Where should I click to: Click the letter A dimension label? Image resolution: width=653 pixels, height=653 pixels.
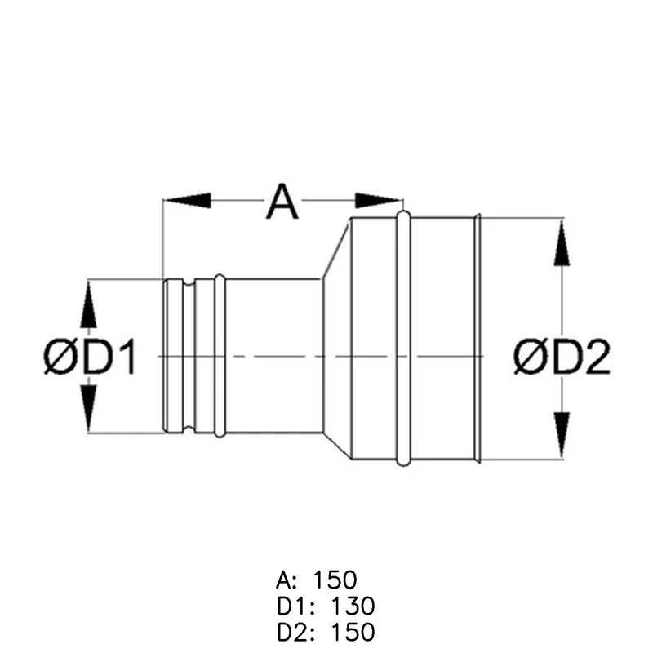tap(282, 202)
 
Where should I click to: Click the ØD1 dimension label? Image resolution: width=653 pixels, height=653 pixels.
tap(90, 357)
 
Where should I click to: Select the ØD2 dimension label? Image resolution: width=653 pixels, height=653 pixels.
tap(562, 357)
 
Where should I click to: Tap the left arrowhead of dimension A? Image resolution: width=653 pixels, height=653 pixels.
tap(187, 201)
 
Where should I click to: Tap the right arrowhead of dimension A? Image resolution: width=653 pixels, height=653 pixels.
tap(378, 201)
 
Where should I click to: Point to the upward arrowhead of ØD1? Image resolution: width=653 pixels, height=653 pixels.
tap(88, 304)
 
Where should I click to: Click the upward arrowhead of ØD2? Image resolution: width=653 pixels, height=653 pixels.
tap(562, 242)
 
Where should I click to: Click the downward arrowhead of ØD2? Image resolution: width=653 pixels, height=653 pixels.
tap(562, 436)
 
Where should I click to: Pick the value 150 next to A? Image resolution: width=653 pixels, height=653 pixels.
tap(335, 580)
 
